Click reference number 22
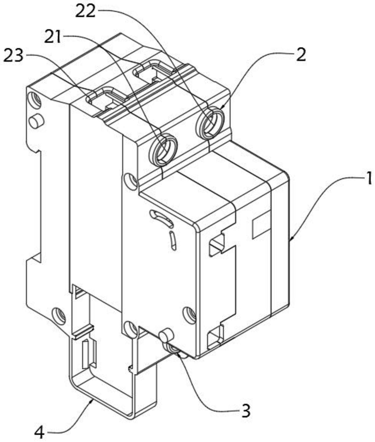(x=85, y=11)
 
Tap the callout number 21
(x=53, y=37)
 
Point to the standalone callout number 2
(x=301, y=55)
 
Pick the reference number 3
(x=246, y=411)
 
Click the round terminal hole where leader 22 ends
(x=210, y=123)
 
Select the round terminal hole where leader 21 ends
(x=163, y=149)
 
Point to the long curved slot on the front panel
(x=162, y=218)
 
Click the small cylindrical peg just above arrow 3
(x=165, y=335)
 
